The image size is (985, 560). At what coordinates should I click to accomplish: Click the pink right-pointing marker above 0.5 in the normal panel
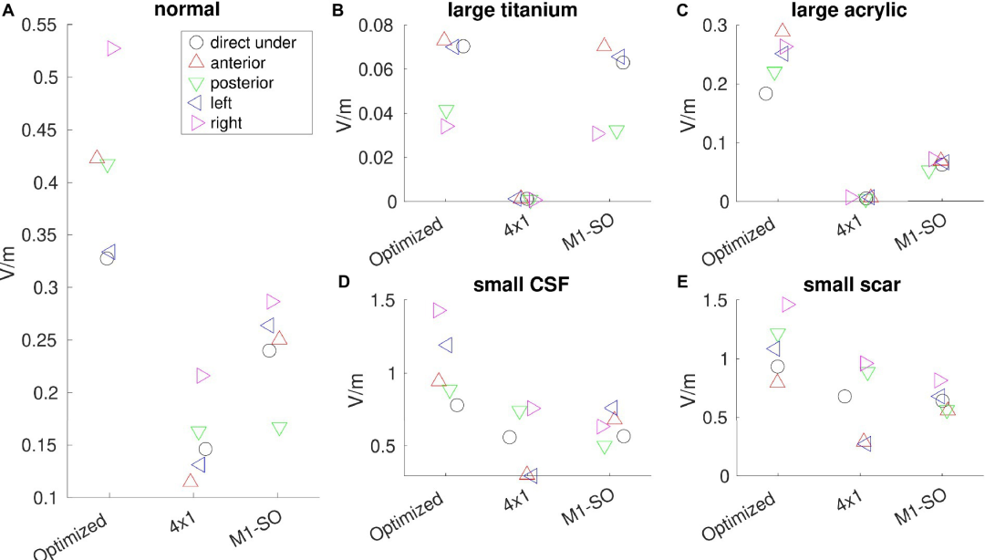[113, 48]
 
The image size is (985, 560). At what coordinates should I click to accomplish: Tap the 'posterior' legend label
[242, 83]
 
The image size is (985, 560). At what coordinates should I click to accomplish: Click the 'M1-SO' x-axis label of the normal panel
[257, 528]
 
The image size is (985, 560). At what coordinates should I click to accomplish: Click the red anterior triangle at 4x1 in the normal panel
[190, 481]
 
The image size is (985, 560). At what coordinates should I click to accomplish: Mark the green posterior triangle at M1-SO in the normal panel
[279, 429]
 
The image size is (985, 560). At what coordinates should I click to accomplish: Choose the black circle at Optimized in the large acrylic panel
[766, 93]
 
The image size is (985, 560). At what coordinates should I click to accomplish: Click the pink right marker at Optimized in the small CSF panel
[440, 311]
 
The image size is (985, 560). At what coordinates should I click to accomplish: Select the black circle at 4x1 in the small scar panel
[845, 397]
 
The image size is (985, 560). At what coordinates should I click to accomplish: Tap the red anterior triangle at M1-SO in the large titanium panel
[604, 45]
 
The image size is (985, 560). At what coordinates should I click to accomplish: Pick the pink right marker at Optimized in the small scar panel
[788, 305]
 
